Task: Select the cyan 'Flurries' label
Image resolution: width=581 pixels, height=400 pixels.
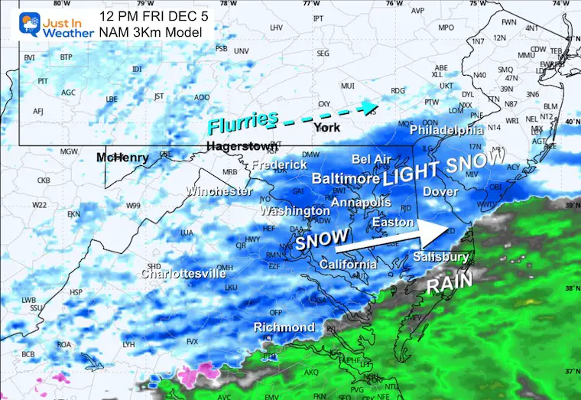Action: [242, 120]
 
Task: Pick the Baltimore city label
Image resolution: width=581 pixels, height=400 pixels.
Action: [346, 178]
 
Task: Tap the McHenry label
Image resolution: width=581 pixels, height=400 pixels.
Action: [122, 158]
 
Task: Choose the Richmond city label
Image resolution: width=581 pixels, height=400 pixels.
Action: [284, 327]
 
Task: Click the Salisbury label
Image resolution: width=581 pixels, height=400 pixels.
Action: [442, 257]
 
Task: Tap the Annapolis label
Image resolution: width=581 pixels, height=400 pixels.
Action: [361, 203]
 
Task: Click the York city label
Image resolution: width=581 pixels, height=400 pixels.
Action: [326, 128]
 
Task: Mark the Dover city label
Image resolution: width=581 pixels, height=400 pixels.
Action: [440, 191]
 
